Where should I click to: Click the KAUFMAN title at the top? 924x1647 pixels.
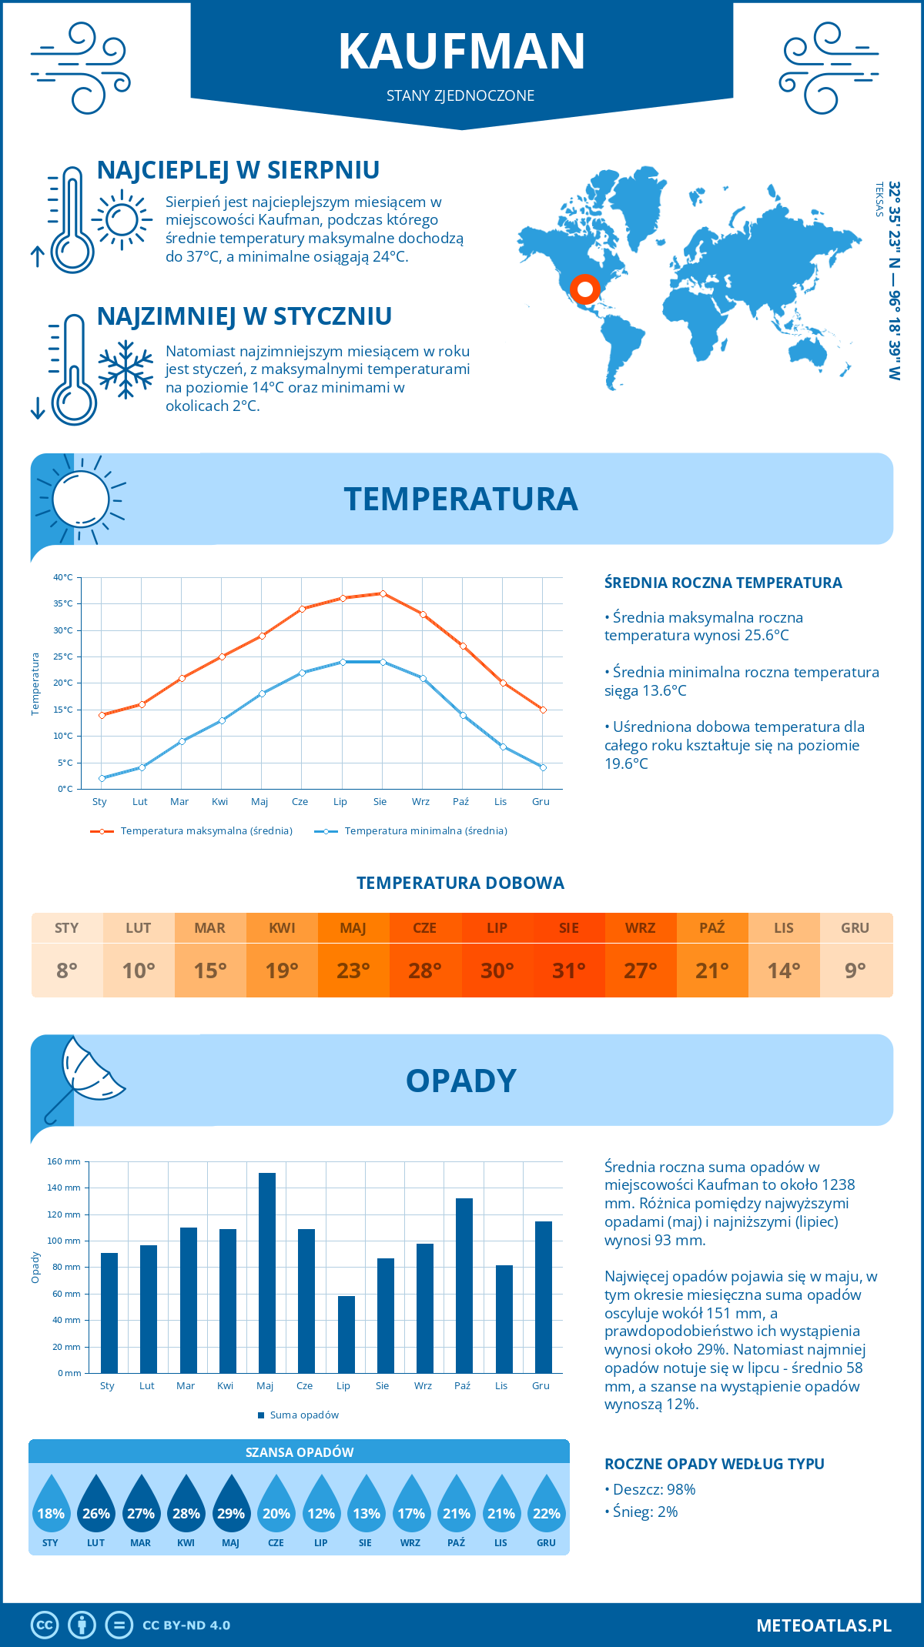click(462, 52)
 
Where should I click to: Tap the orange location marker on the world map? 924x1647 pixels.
click(584, 289)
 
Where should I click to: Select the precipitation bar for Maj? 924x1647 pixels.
click(267, 1273)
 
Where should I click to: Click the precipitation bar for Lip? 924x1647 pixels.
click(346, 1335)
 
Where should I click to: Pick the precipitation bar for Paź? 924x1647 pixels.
click(464, 1285)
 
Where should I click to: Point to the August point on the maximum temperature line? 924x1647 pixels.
click(383, 593)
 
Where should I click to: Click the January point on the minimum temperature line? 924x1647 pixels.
click(102, 778)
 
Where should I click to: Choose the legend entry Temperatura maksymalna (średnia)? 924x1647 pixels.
click(192, 831)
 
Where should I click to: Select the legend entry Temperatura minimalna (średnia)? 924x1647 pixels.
click(411, 831)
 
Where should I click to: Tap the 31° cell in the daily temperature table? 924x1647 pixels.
click(569, 970)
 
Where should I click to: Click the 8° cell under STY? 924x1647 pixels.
click(67, 970)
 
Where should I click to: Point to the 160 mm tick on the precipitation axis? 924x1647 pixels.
click(64, 1161)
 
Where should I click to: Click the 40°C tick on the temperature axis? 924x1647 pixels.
click(63, 577)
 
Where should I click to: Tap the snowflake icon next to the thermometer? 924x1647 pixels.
click(126, 369)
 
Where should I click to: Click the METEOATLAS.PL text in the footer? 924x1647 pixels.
click(824, 1625)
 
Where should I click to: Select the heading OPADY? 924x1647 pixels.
click(461, 1081)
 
